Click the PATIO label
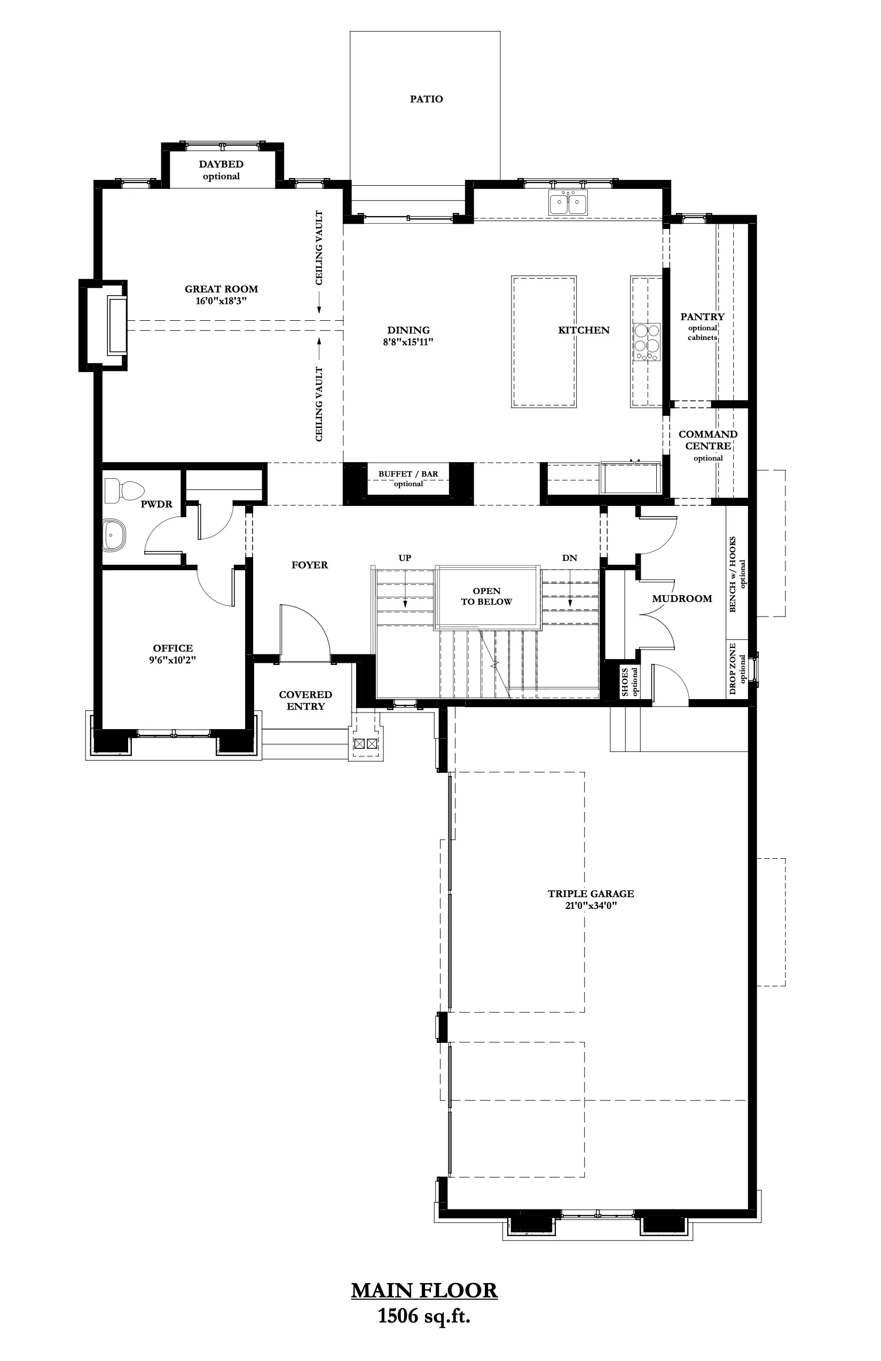point(426,99)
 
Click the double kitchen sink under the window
point(568,203)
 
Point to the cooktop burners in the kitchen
point(647,342)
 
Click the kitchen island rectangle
point(544,342)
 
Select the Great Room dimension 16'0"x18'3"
point(221,302)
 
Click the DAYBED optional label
point(222,170)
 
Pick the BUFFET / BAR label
point(408,474)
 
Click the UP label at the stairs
point(405,558)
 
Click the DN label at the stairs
point(569,558)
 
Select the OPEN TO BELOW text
point(486,596)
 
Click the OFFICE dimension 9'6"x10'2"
point(173,660)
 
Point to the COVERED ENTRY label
point(305,700)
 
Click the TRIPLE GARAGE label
point(591,894)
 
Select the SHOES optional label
point(629,682)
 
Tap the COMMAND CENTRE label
point(707,440)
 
